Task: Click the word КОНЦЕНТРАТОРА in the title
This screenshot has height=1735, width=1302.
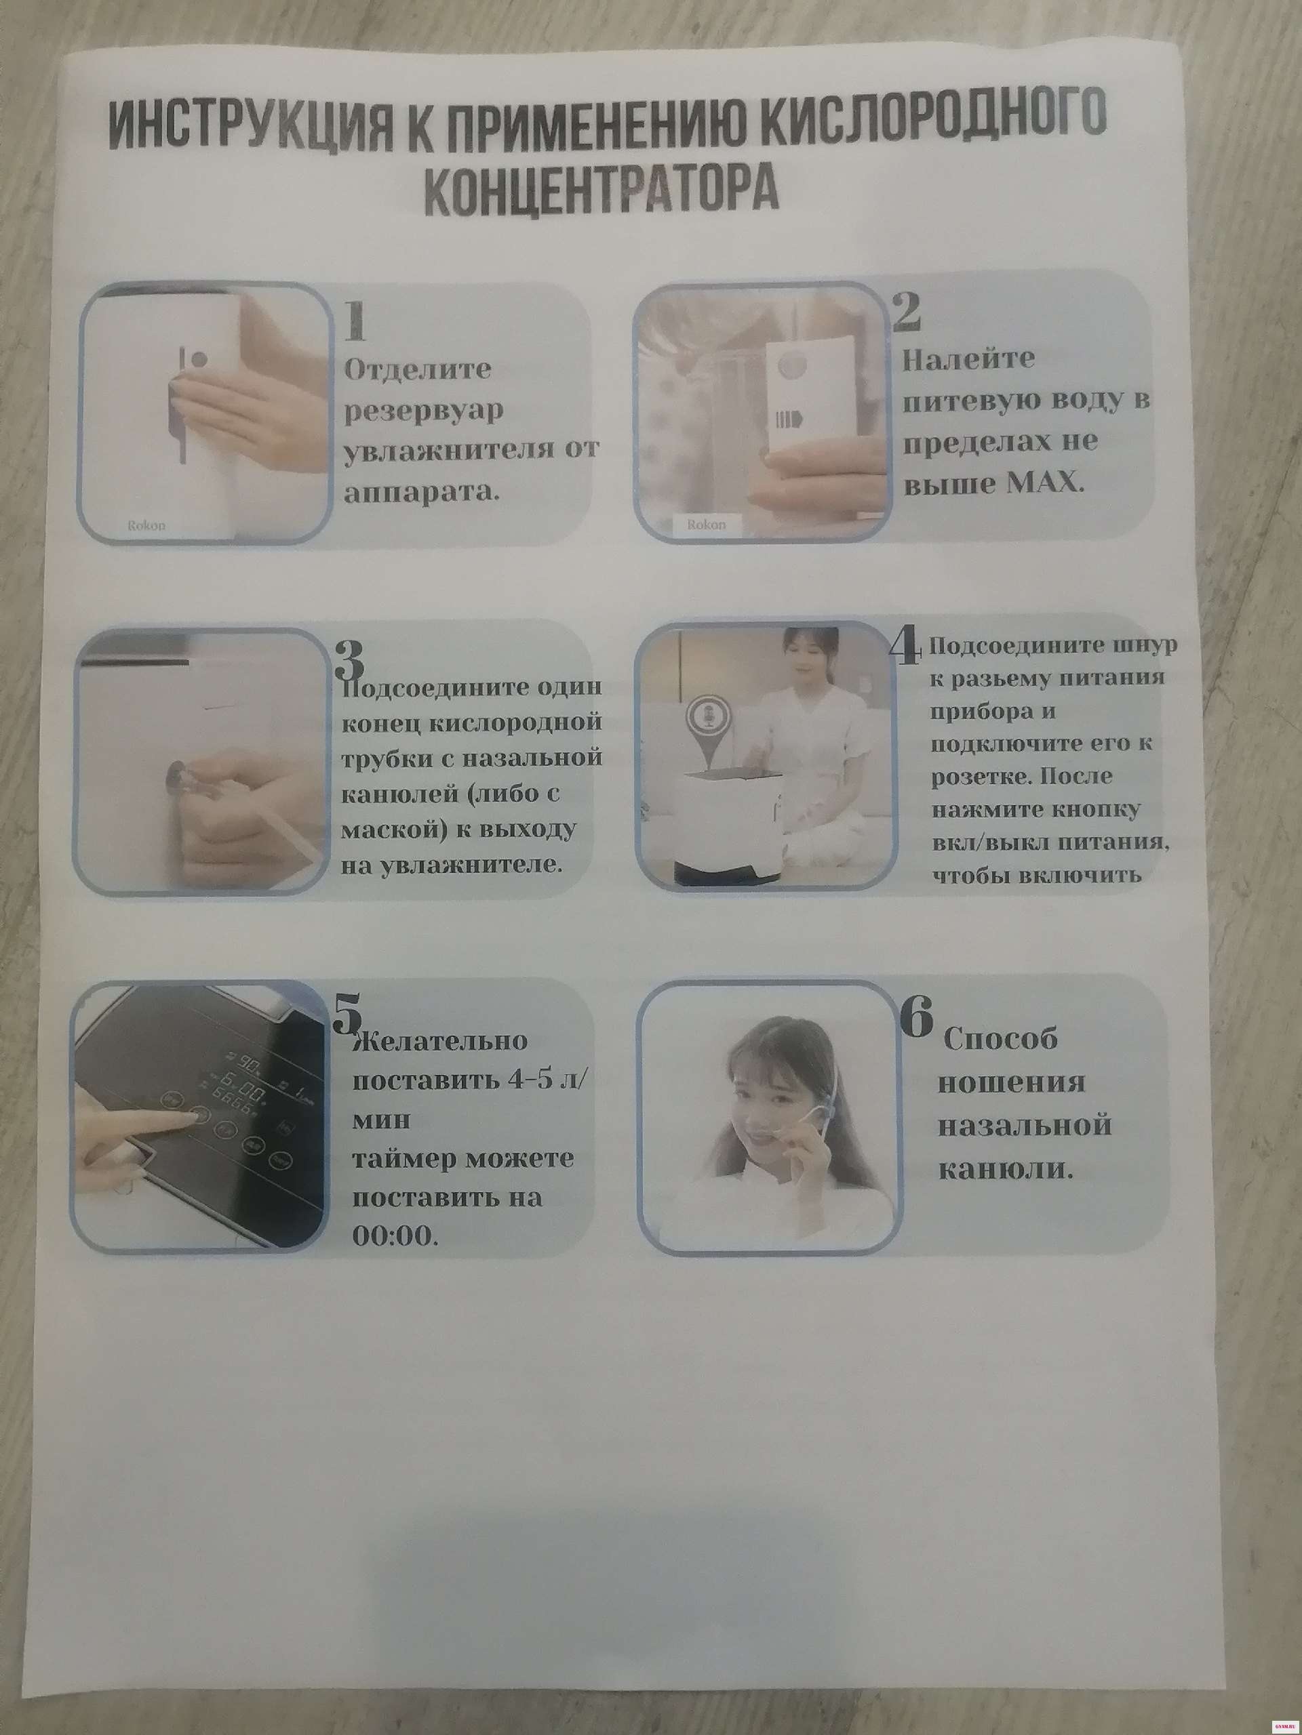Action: [x=603, y=190]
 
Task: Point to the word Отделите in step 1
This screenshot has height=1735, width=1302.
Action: [x=418, y=369]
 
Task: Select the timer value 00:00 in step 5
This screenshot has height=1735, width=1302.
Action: [x=393, y=1236]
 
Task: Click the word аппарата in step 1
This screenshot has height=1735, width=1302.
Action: [x=421, y=493]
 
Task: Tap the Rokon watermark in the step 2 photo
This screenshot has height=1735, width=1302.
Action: [x=707, y=525]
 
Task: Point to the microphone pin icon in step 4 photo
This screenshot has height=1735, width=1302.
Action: [x=704, y=726]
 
